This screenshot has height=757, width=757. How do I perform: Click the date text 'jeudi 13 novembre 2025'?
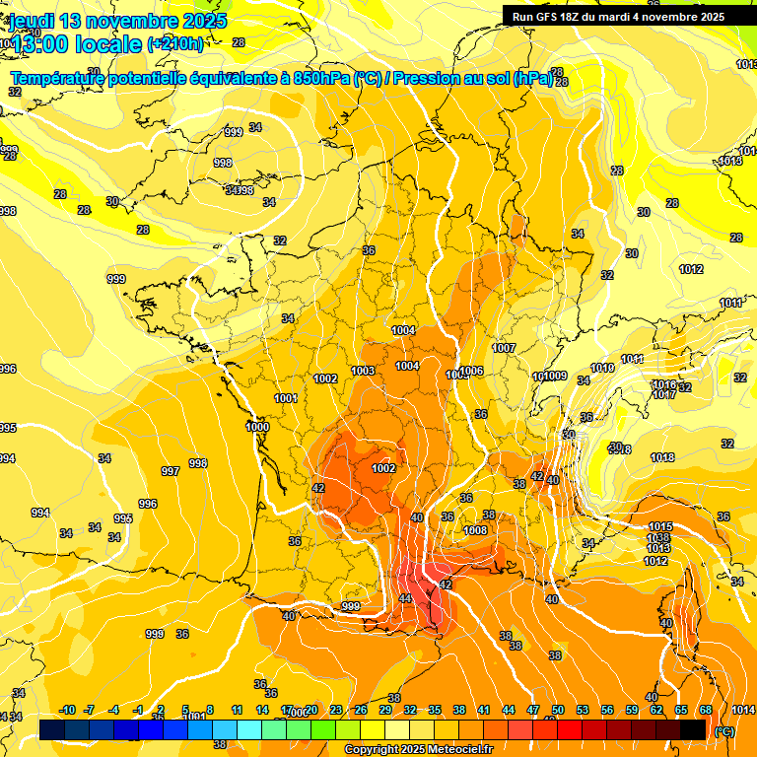click(x=118, y=21)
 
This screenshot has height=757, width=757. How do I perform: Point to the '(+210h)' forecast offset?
click(x=175, y=44)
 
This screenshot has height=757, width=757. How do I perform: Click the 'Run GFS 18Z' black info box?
click(x=618, y=16)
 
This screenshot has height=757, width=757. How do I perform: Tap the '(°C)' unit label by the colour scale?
click(x=724, y=731)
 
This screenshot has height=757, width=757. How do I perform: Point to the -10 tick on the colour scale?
click(x=67, y=710)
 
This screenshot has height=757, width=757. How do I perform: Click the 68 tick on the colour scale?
click(x=706, y=710)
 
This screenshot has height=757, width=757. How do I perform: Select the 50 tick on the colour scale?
click(x=558, y=710)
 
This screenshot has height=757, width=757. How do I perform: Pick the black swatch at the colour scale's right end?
click(x=693, y=729)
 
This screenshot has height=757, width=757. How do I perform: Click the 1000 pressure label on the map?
click(x=257, y=427)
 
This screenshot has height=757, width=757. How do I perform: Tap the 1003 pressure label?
click(x=363, y=371)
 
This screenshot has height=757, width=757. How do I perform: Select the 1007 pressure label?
click(x=505, y=348)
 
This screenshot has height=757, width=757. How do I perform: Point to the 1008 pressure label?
click(x=475, y=530)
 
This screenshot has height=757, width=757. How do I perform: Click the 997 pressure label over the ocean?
click(x=171, y=471)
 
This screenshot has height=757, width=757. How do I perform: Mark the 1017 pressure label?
click(x=663, y=394)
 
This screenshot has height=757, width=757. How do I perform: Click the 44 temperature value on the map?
click(x=405, y=599)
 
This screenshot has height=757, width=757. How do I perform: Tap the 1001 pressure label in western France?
click(x=286, y=398)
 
